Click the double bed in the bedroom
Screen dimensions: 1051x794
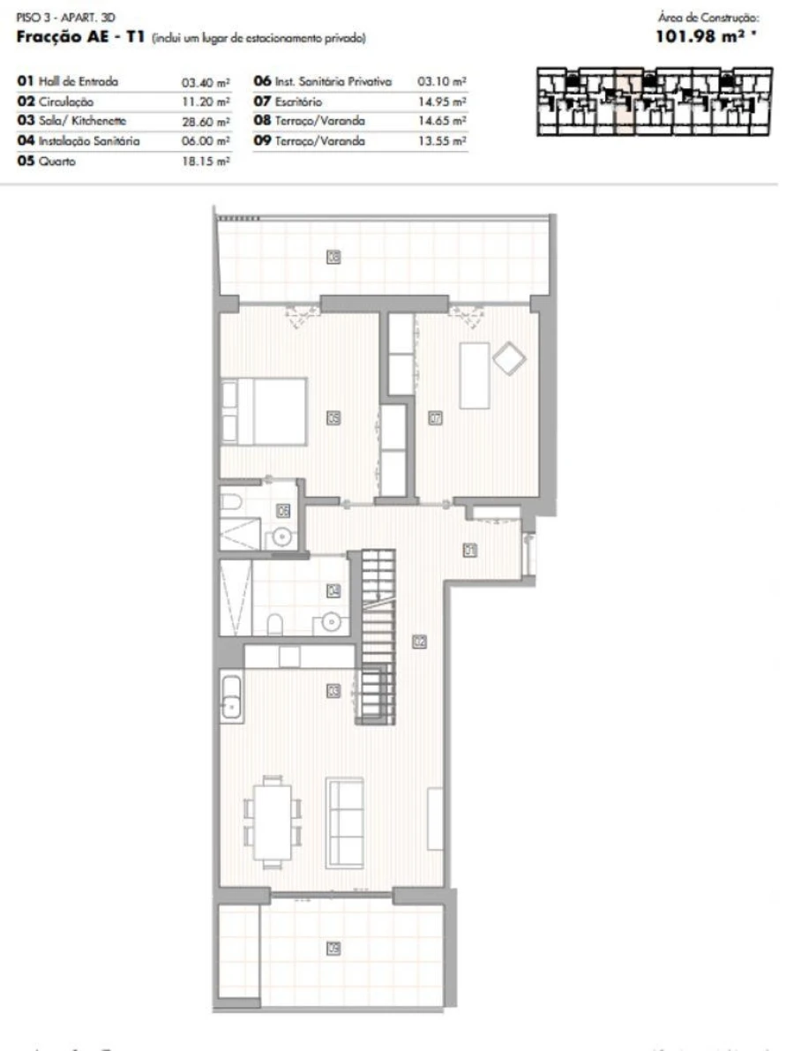coord(265,410)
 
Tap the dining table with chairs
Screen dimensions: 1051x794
coord(273,821)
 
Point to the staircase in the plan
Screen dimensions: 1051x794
coord(376,635)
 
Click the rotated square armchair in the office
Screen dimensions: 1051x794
coord(509,358)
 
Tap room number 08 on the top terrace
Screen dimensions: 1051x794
coord(334,258)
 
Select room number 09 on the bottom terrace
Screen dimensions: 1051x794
coord(333,949)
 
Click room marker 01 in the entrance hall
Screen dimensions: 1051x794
coord(470,550)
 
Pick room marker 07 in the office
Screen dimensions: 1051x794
coord(435,419)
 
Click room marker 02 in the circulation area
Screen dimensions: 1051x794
coord(419,642)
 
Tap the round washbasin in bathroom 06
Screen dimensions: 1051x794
coord(282,536)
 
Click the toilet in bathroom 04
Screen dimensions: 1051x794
coord(274,626)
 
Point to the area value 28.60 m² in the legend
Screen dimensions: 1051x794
coord(206,121)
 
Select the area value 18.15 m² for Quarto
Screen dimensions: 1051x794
coord(206,161)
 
